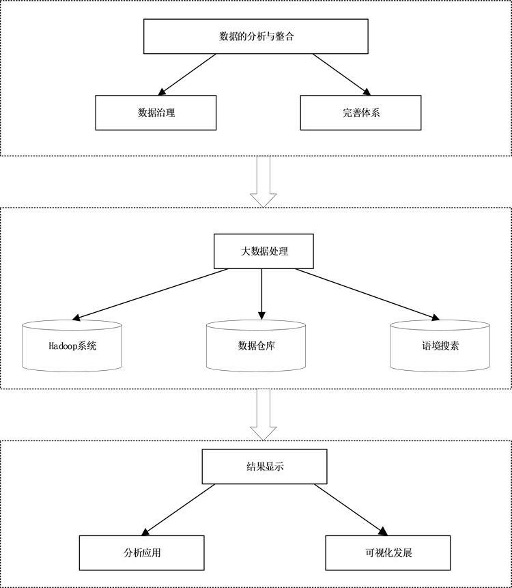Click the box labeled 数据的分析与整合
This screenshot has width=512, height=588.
tap(256, 36)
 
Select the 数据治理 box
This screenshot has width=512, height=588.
tap(156, 113)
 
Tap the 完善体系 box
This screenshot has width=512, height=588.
tap(360, 113)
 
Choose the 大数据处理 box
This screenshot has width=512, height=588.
tap(264, 251)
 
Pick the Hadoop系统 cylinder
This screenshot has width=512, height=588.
tap(72, 346)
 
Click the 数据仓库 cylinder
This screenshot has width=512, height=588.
tap(256, 346)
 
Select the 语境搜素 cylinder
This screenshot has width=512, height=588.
tap(440, 346)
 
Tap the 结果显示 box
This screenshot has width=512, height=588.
tap(264, 467)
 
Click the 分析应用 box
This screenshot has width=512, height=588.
tap(142, 552)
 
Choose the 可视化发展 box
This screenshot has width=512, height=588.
tap(388, 552)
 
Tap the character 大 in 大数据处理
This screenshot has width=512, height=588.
tap(245, 251)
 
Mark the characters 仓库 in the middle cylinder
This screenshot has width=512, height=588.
tap(266, 346)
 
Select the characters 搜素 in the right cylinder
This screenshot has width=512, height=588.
tap(449, 346)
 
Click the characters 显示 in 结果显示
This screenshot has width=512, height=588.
tap(274, 467)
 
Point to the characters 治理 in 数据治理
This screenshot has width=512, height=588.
tap(165, 113)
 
